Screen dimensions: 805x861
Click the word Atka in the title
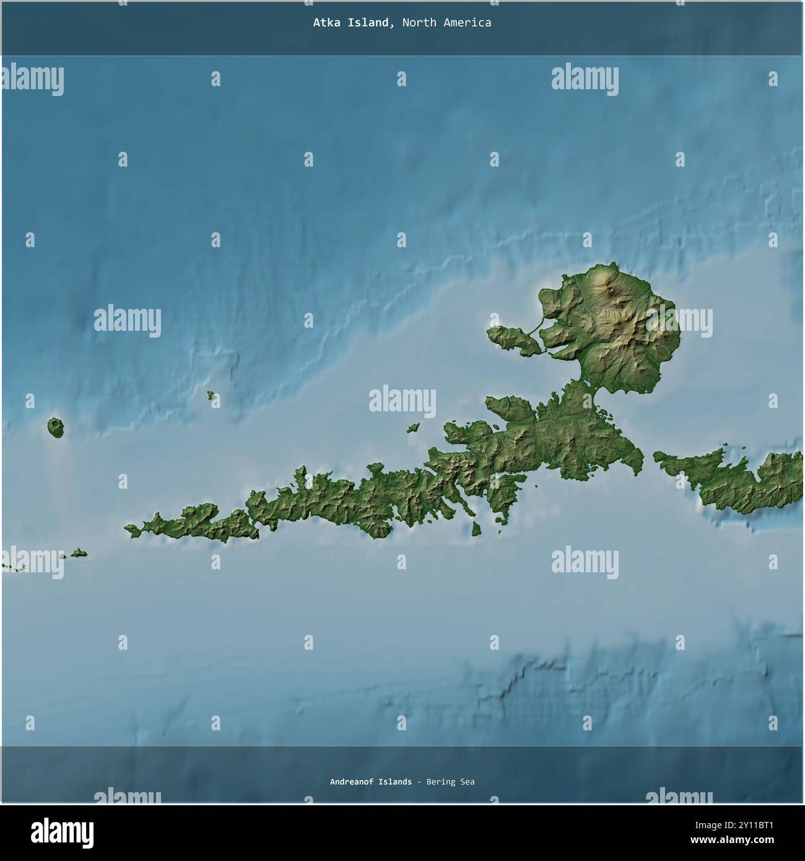point(325,23)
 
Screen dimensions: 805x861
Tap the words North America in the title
point(446,23)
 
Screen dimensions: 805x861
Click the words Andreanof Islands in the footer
point(370,782)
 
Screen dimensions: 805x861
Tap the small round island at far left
point(56,427)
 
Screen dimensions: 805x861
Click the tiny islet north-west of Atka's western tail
point(212,395)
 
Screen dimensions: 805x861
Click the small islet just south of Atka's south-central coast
point(476,530)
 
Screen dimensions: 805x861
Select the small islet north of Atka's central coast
point(413,427)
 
